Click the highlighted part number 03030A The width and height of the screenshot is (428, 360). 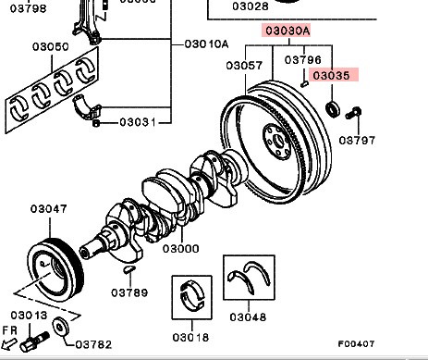(x=287, y=31)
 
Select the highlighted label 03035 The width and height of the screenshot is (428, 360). (x=333, y=75)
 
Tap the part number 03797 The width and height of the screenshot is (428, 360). (x=357, y=141)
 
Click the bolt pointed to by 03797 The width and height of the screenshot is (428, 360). (x=353, y=113)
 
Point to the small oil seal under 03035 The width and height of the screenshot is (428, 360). (x=333, y=108)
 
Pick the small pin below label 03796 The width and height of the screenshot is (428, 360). (x=304, y=83)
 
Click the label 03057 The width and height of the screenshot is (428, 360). (x=244, y=66)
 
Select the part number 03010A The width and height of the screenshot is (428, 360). (x=207, y=44)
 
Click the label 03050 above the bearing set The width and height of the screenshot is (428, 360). (x=51, y=47)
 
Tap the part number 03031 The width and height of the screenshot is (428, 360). (x=138, y=122)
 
